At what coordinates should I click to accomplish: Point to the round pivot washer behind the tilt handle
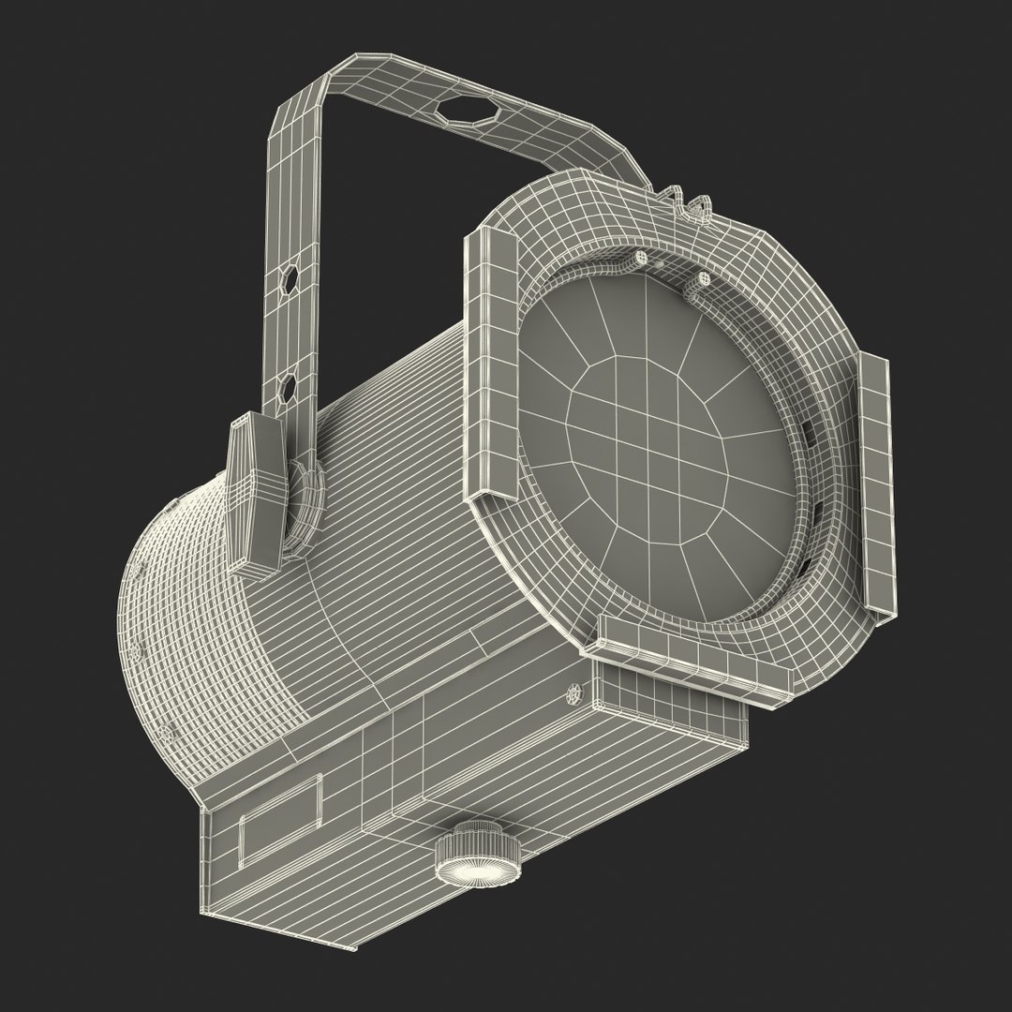(304, 504)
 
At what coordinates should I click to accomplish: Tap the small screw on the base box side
(573, 695)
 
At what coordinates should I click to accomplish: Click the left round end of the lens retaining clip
(642, 258)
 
